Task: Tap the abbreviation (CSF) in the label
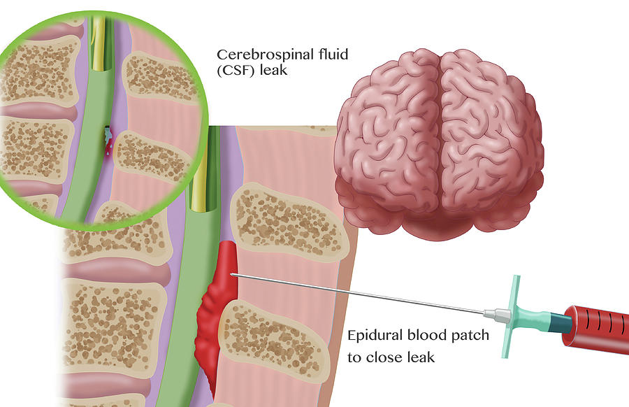[x=236, y=70]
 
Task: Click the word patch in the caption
[x=470, y=335]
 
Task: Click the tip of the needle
[x=231, y=274]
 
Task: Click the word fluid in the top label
[x=333, y=54]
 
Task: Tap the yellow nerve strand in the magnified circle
[x=97, y=44]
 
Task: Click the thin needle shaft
[x=357, y=293]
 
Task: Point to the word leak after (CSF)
[x=273, y=70]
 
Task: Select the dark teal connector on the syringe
[x=559, y=323]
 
